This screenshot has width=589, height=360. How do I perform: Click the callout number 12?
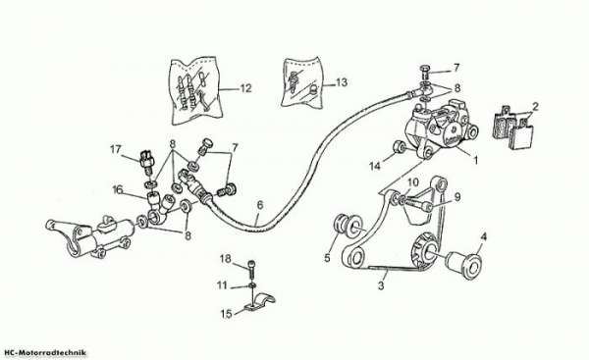(245, 88)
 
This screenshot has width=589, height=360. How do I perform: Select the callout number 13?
(342, 82)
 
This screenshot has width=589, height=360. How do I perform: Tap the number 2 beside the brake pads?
(535, 107)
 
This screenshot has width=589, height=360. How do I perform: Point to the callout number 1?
(475, 160)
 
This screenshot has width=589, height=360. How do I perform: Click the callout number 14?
(375, 166)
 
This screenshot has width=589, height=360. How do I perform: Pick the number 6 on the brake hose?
(260, 205)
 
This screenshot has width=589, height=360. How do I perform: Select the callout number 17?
(116, 149)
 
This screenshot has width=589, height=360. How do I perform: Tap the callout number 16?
(118, 190)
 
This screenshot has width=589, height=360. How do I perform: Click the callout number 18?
(226, 259)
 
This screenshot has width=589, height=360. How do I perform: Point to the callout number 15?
(226, 314)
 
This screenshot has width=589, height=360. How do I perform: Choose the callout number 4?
(483, 236)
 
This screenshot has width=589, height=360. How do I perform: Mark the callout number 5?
(327, 258)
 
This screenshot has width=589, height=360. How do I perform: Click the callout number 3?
(381, 285)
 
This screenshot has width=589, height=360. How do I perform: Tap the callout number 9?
(457, 197)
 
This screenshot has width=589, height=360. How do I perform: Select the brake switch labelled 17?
(145, 161)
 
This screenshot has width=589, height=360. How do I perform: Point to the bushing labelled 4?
(463, 266)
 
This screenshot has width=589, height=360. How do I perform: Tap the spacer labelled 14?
(399, 147)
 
